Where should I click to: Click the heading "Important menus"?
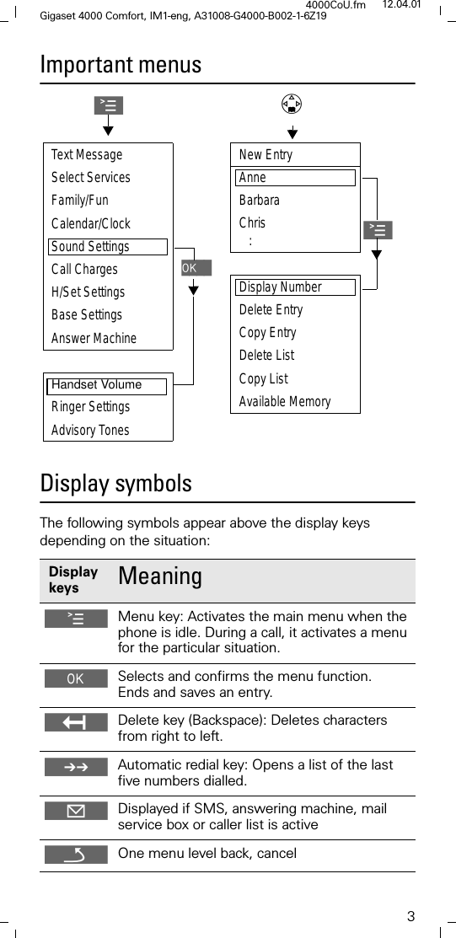121,65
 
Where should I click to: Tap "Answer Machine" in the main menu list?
94,339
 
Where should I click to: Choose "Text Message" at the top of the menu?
87,155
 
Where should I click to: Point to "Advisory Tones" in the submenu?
90,431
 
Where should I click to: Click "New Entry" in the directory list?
266,155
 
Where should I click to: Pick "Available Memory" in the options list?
285,402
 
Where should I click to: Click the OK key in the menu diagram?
196,268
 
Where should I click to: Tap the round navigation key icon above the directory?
292,105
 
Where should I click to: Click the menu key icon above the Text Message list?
109,105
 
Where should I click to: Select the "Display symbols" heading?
116,484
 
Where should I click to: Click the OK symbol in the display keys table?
76,678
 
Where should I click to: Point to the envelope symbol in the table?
76,811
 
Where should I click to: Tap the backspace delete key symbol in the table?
76,722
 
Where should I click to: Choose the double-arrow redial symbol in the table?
76,766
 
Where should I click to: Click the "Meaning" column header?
160,577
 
